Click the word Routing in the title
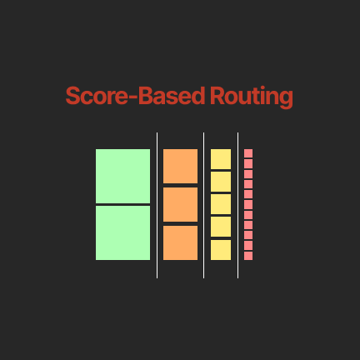pos(252,97)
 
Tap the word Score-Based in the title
pos(135,96)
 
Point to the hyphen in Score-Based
pos(133,97)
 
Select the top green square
pos(122,176)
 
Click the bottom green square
pos(122,232)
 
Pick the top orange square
pos(180,166)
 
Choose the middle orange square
pos(180,204)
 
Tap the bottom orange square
pos(180,242)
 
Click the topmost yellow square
pos(221,159)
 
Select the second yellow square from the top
pos(221,182)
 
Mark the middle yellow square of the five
pos(221,204)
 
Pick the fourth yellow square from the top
pos(221,227)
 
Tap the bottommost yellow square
pos(221,250)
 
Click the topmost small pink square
pos(248,153)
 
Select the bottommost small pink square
pos(248,256)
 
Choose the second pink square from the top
pos(248,163)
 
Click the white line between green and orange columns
pos(157,205)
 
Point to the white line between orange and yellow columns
pos(203,205)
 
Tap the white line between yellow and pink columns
pos(237,205)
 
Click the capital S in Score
pos(72,96)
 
